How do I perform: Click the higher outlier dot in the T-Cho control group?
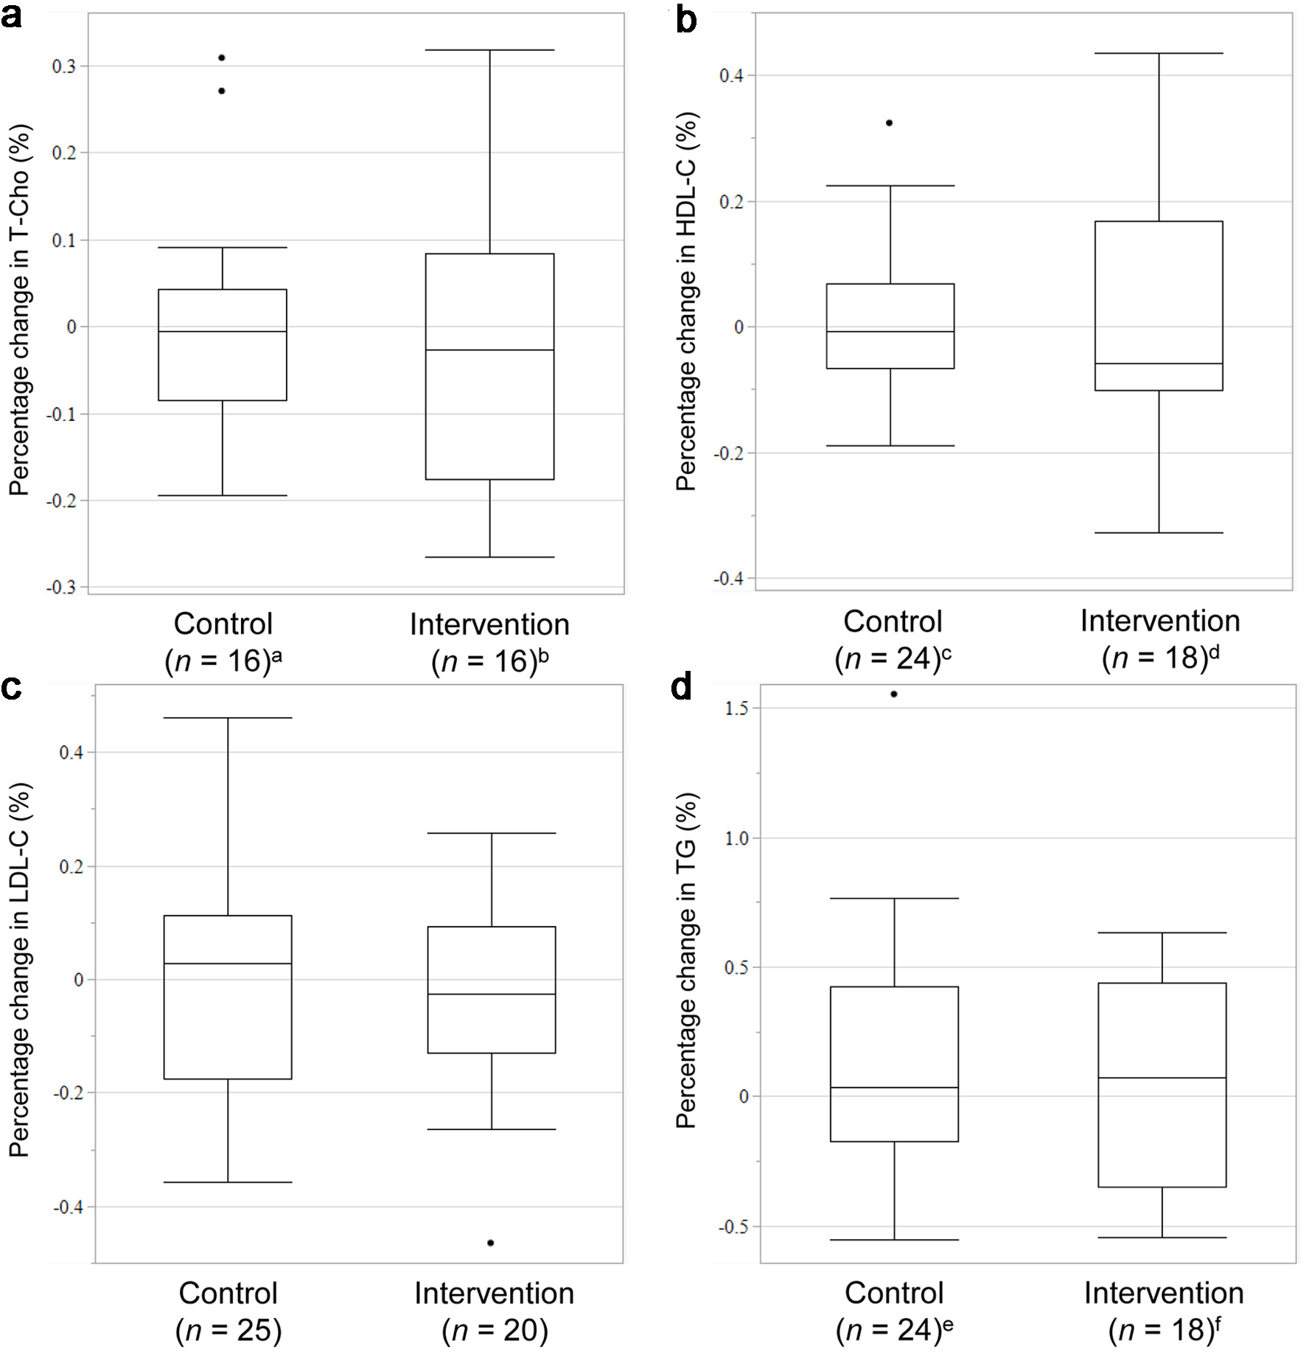(222, 58)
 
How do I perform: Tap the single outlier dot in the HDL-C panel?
(889, 123)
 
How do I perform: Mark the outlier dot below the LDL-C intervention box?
(491, 1243)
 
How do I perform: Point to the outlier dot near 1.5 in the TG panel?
(894, 694)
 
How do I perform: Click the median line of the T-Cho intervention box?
(490, 349)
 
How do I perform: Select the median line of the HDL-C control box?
(890, 332)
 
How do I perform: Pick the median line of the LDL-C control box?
(228, 964)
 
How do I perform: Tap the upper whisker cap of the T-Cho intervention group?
(490, 50)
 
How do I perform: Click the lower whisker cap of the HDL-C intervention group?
(1159, 532)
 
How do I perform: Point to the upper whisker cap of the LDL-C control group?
(228, 717)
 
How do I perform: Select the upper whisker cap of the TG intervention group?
(1162, 933)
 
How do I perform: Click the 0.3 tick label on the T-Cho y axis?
(63, 66)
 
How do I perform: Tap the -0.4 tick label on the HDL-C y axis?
(728, 579)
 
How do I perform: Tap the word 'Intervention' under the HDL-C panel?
(1160, 621)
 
